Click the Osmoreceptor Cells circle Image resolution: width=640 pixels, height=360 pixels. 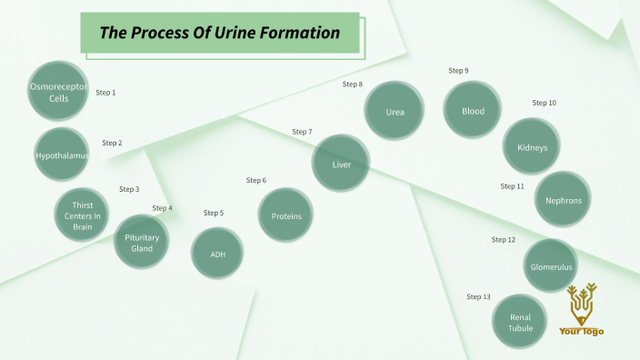[x=57, y=93]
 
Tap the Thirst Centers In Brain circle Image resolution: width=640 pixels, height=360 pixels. [x=83, y=215]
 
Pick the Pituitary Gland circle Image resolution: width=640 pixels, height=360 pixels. [x=142, y=243]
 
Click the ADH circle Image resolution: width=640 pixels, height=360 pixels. [x=218, y=254]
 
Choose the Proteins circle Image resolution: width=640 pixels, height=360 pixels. [x=286, y=215]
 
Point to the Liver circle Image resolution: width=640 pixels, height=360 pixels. [x=341, y=165]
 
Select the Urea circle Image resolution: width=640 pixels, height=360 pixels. [x=395, y=111]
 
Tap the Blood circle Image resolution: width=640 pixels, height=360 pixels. [x=473, y=111]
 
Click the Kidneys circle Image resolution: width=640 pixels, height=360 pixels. [x=532, y=147]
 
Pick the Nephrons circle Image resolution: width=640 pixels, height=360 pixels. [x=563, y=200]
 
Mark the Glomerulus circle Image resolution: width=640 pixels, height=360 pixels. [x=551, y=267]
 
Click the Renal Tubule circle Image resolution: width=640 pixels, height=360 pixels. [x=520, y=323]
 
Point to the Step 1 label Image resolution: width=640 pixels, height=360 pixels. [x=106, y=93]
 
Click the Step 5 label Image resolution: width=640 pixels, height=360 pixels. [x=214, y=213]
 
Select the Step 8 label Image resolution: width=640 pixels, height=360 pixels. [x=353, y=85]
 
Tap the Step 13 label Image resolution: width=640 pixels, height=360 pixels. [x=478, y=297]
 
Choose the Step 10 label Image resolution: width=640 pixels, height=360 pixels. [x=544, y=103]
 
